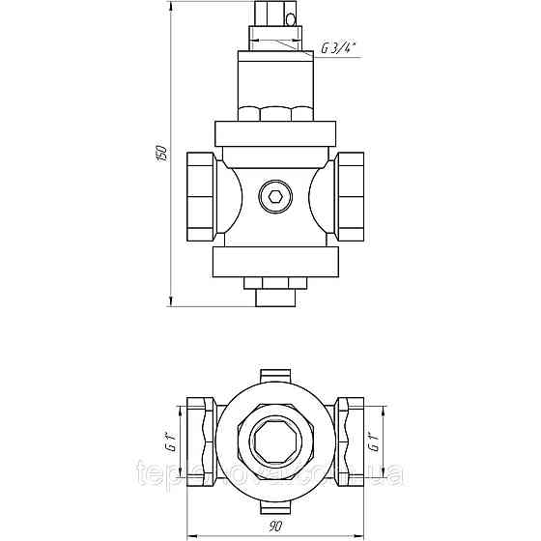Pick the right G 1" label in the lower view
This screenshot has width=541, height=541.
[374, 444]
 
